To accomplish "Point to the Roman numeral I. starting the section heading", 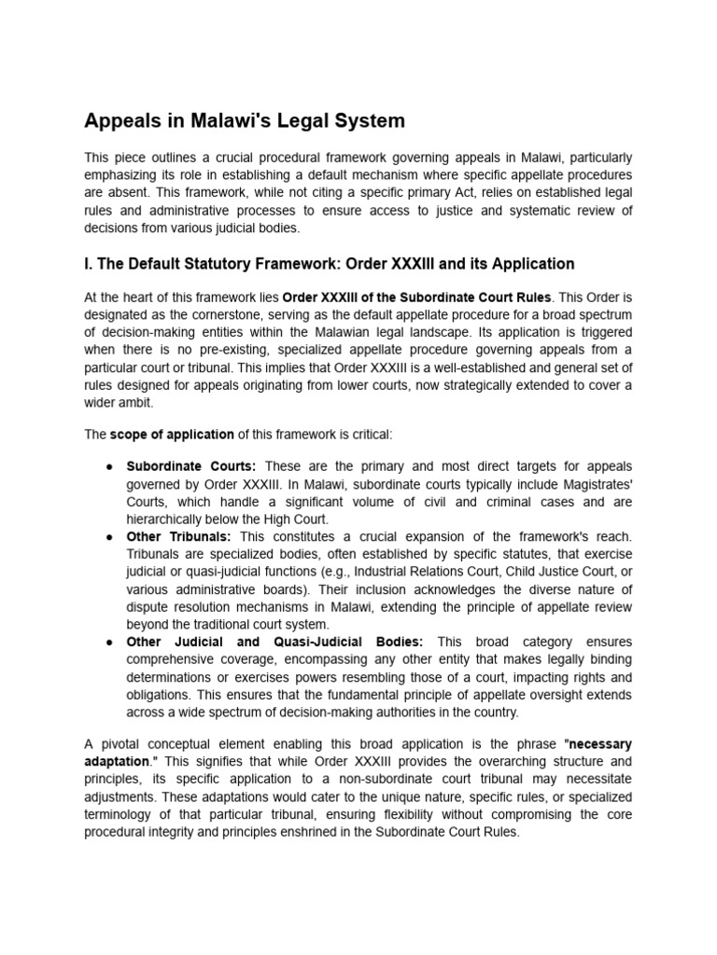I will [89, 264].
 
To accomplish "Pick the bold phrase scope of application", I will [159, 434].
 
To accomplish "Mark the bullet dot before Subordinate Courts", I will [108, 465].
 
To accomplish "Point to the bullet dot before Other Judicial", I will [108, 642].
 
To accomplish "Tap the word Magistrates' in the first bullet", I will [594, 483].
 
